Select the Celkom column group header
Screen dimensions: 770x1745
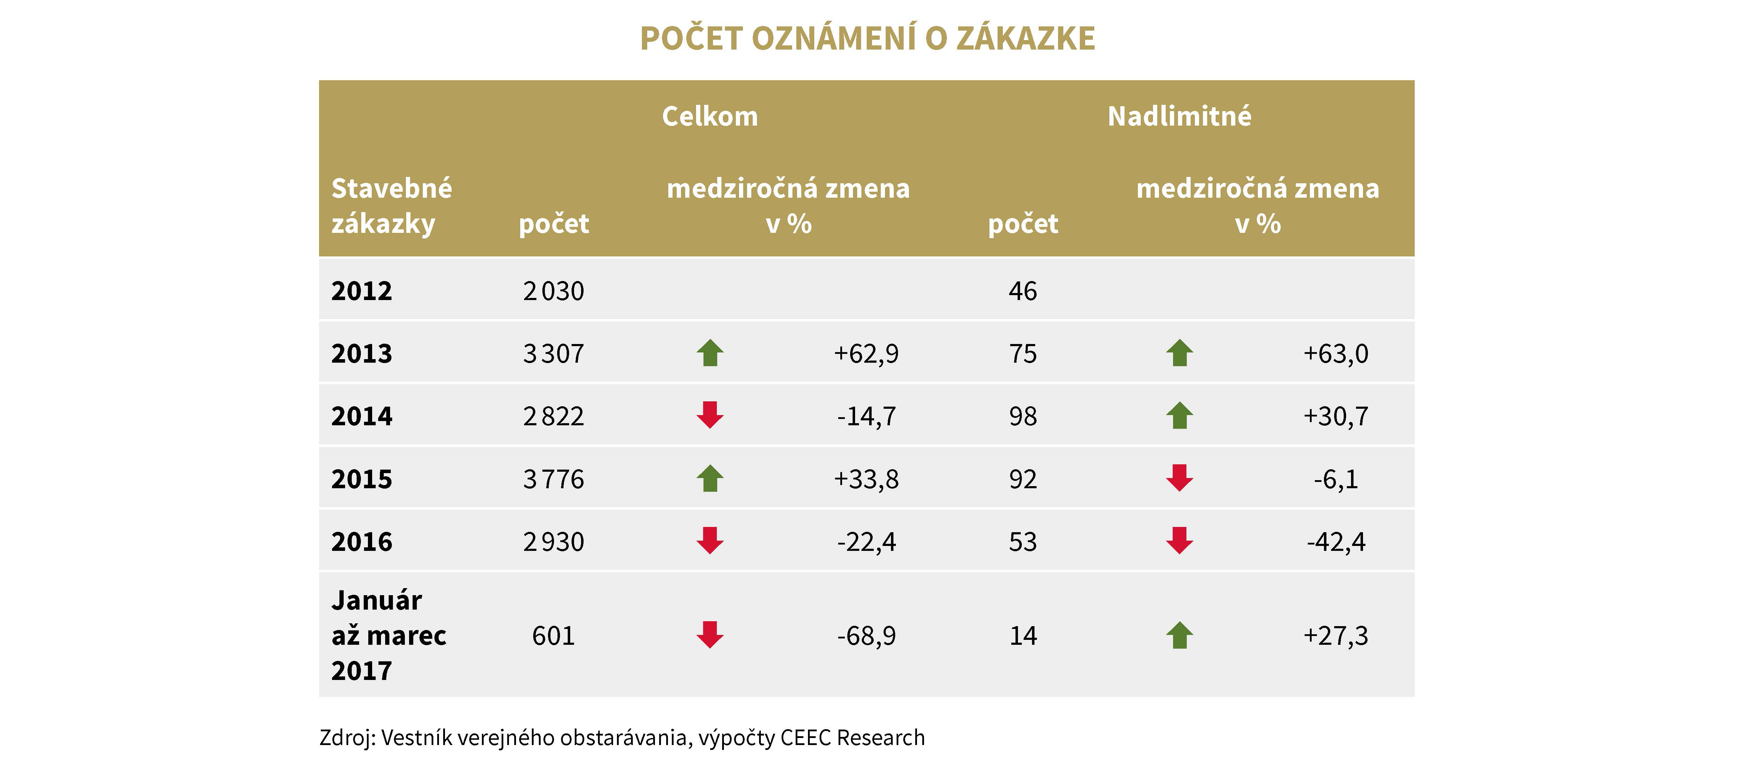coord(710,116)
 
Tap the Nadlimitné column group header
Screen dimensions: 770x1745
coord(1179,116)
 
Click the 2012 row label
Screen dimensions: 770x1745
coord(362,291)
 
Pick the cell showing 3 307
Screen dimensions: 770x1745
coord(553,354)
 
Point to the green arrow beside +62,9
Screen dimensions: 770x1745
coord(710,353)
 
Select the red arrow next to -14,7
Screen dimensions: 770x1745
coord(710,415)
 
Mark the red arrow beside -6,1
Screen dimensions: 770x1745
coord(1179,478)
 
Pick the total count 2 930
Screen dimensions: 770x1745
coord(553,542)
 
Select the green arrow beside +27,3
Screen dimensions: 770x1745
coord(1179,635)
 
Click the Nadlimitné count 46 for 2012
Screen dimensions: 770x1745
coord(1023,291)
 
